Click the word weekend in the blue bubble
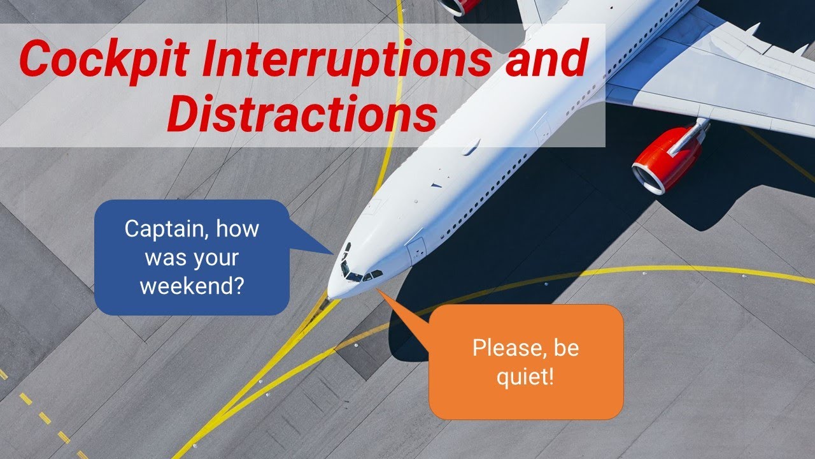[x=192, y=285]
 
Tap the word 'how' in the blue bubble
[x=238, y=229]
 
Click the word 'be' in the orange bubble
[x=567, y=349]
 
